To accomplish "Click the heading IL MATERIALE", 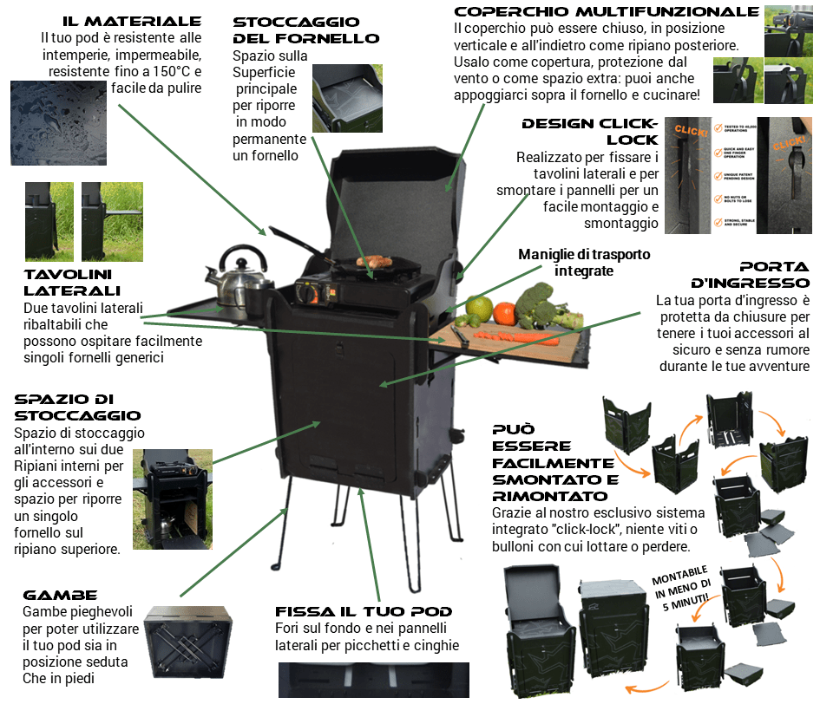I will point(132,21).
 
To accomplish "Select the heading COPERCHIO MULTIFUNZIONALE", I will point(607,11).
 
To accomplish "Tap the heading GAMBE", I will point(60,596).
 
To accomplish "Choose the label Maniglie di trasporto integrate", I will point(583,262).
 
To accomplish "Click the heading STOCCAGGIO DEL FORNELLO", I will point(305,29).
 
